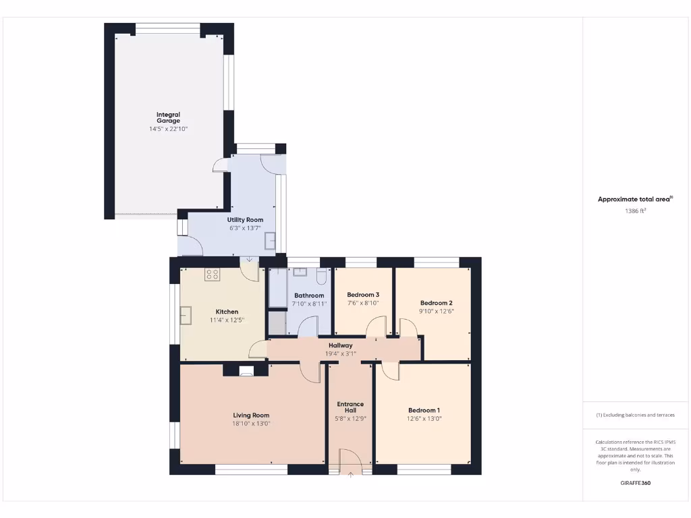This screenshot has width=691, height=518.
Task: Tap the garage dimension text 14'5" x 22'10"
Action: (x=168, y=128)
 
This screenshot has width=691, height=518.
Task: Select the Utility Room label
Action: (x=245, y=220)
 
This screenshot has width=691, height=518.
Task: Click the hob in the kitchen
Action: (x=213, y=274)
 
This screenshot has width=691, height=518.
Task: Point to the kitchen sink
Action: (x=186, y=315)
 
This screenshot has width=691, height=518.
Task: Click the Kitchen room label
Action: (x=227, y=312)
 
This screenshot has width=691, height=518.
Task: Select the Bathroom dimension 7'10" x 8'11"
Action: (x=309, y=304)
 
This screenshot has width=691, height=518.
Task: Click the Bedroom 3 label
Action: (x=363, y=295)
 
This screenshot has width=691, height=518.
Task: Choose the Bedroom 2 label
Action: (x=436, y=303)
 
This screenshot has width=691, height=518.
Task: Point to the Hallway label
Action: (x=340, y=345)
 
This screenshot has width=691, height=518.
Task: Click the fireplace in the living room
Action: (x=246, y=370)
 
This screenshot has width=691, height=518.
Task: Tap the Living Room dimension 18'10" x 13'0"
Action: (x=251, y=424)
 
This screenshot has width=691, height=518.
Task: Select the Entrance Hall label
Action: (x=350, y=407)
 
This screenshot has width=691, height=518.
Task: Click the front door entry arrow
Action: (x=350, y=474)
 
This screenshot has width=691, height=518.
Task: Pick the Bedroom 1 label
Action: (x=424, y=410)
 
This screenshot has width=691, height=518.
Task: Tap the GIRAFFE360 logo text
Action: (x=635, y=483)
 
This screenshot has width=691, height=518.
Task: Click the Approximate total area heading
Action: (x=634, y=199)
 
